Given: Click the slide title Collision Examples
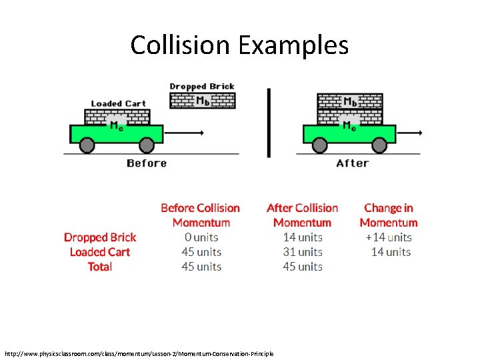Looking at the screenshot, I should coord(239,45).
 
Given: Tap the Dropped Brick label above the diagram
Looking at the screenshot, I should coord(202,86).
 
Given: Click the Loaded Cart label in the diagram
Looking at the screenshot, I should coord(118,103).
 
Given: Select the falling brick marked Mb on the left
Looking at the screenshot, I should coord(202,101).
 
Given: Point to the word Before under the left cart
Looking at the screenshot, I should coord(147,163).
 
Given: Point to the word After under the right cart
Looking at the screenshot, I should coord(352,163).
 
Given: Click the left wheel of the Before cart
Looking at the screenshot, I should coord(87,145).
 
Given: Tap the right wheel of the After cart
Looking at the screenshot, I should coord(379,145).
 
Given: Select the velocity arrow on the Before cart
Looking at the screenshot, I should coord(184,133).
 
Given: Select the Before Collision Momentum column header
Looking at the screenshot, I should coord(201,215).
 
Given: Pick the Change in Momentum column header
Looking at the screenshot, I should coord(389,215).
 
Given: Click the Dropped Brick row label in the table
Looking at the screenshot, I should coord(100,237).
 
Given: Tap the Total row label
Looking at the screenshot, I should coord(100,267).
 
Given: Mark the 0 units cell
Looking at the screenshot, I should coord(201,237).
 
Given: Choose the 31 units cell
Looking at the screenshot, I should coord(303,252).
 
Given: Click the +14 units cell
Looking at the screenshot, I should coord(389,237).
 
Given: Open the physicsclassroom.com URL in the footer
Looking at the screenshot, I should coord(139,353).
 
